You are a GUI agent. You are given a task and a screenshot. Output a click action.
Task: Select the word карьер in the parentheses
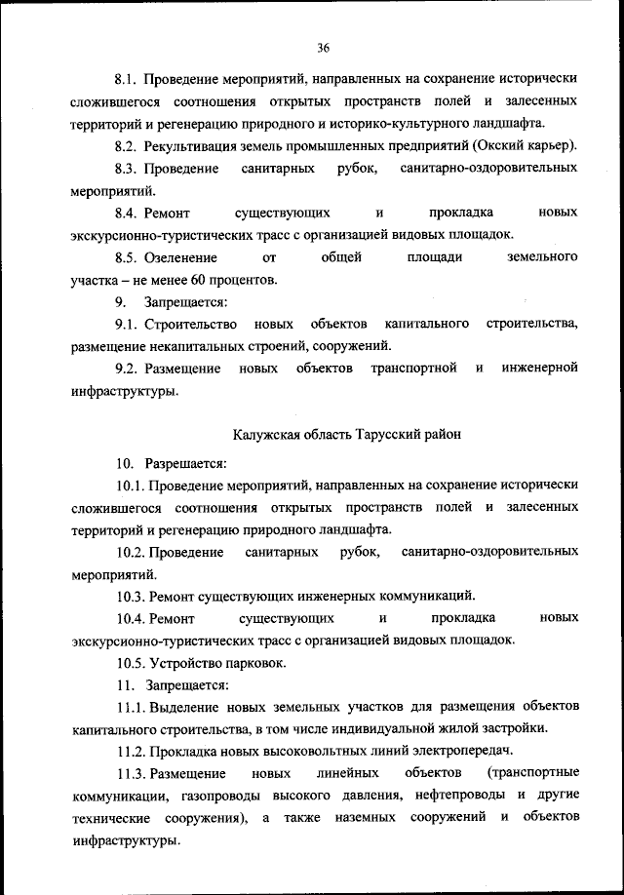(x=548, y=146)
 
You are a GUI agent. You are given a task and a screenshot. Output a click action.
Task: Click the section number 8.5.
(x=127, y=256)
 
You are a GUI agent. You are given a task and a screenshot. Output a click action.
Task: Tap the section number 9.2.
(x=127, y=369)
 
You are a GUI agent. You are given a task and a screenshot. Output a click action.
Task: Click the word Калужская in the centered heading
(x=265, y=435)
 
